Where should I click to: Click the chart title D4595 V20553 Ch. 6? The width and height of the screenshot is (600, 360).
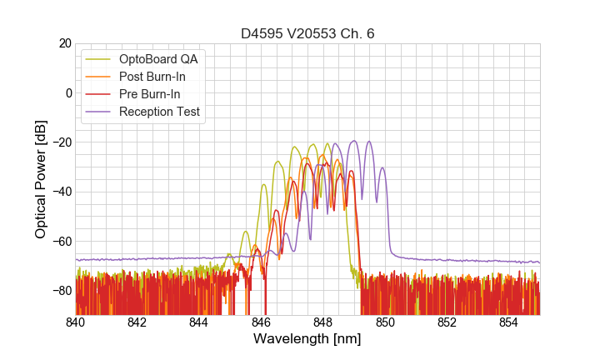(307, 33)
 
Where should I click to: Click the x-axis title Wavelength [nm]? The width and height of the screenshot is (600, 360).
(307, 339)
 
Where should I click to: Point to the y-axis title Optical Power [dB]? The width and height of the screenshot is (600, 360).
(41, 179)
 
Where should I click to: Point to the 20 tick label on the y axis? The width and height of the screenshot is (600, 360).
(64, 43)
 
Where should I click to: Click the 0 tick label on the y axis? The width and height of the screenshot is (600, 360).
(68, 92)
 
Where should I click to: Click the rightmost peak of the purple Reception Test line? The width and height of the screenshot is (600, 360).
(382, 167)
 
